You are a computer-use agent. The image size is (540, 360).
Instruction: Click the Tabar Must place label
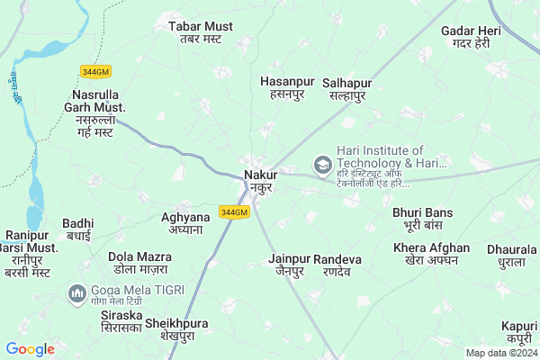click(200, 32)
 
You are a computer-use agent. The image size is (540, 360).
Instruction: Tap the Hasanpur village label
click(286, 87)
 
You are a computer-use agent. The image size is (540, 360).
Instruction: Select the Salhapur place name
click(346, 89)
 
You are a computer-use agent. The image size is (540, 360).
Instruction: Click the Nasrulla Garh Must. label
click(100, 113)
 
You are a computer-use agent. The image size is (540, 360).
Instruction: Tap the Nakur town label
click(260, 182)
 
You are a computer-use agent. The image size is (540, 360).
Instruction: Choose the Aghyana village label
click(184, 223)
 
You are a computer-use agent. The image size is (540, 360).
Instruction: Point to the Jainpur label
click(288, 265)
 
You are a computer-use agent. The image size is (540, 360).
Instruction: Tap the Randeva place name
click(337, 265)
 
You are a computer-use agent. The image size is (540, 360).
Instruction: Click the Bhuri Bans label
click(422, 219)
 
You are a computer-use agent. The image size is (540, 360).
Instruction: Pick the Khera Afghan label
click(431, 254)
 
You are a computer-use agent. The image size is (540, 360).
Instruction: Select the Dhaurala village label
click(505, 256)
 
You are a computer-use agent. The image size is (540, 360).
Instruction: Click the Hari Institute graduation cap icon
click(321, 165)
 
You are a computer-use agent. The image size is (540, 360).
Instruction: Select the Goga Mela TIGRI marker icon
click(77, 292)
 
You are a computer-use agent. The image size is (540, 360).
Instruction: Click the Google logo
click(31, 349)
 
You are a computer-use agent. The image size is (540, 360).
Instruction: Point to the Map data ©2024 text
click(500, 354)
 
